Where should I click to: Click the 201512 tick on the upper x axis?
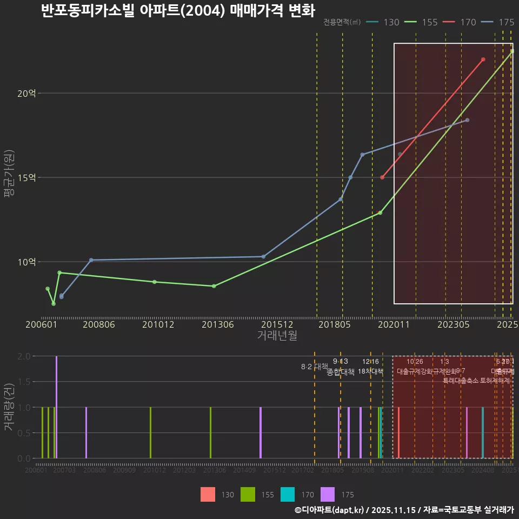277,324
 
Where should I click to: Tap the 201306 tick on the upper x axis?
217,324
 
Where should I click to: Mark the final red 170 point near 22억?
483,59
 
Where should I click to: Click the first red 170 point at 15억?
382,177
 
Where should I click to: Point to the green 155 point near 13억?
380,212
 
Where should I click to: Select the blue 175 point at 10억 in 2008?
91,260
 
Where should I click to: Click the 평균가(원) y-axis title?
9,177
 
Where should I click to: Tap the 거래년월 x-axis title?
277,336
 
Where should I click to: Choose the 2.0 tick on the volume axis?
24,356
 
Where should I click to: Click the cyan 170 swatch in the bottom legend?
288,494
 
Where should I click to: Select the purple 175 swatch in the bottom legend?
328,494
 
